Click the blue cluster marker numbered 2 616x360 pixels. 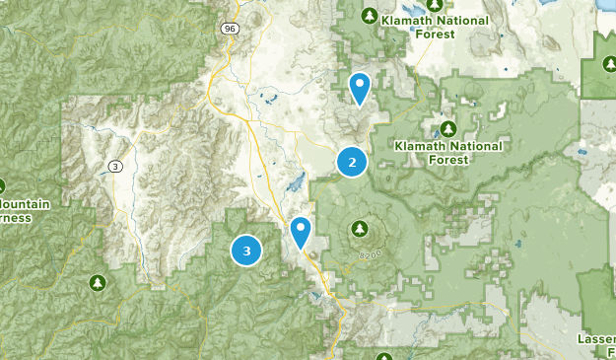coord(352,162)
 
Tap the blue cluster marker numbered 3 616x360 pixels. coord(246,251)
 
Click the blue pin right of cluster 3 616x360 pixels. coord(301,233)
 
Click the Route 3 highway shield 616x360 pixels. coord(116,166)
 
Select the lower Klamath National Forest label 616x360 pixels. coord(447,152)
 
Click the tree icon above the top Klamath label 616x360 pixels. coord(369,16)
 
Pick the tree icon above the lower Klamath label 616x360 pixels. coord(447,129)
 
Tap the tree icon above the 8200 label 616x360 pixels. coord(359,230)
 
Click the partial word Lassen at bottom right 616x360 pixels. coord(597,339)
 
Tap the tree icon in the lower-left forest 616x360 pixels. coord(97,283)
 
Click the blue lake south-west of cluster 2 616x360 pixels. coord(295,183)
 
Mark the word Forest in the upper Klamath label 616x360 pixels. coord(435,34)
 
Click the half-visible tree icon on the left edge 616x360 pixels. coord(3,185)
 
